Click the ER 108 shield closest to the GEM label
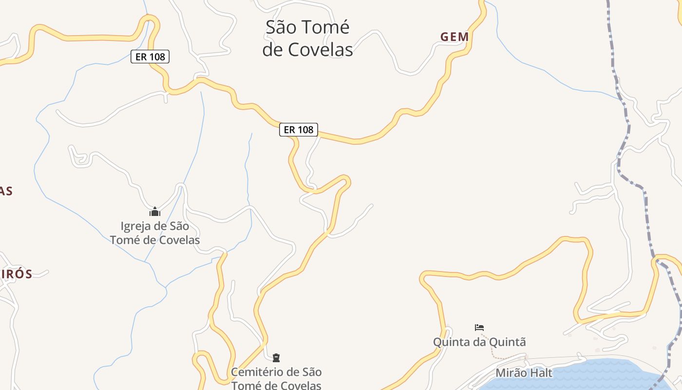click(298, 130)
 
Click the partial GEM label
click(455, 37)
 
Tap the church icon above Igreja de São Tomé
click(155, 212)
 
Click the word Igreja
click(136, 226)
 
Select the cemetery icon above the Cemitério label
click(276, 358)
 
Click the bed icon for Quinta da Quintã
click(479, 328)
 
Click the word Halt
click(541, 373)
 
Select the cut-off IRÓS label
click(16, 274)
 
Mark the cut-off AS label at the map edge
click(6, 191)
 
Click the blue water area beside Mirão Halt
click(604, 375)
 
